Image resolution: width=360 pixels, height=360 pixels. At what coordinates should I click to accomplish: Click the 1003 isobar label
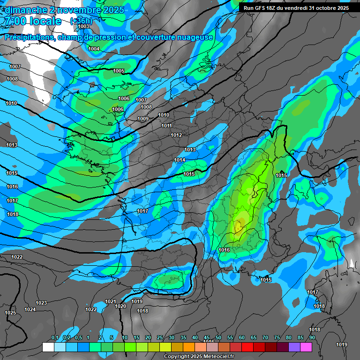click(x=83, y=27)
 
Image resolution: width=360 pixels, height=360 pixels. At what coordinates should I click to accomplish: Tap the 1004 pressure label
click(x=94, y=49)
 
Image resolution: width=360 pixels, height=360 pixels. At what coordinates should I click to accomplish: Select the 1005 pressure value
click(x=119, y=71)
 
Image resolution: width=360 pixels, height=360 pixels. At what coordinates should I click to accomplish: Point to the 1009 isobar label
click(x=143, y=119)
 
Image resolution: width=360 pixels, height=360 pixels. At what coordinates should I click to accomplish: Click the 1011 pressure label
click(x=167, y=126)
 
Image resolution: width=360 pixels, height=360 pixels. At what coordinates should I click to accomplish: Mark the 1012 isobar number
click(x=176, y=135)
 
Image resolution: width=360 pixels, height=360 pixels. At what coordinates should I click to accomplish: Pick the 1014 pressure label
click(x=180, y=160)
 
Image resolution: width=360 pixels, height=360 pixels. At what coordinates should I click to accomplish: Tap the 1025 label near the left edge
click(x=10, y=313)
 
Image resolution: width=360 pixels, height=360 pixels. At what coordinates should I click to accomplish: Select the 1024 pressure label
click(x=30, y=309)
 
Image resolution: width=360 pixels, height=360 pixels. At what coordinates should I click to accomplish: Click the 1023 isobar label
click(x=41, y=303)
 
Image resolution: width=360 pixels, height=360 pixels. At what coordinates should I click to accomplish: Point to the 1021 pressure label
click(x=111, y=301)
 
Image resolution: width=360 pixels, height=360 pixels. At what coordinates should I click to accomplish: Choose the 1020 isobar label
click(x=120, y=306)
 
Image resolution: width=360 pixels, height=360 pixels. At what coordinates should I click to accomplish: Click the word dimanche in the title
click(x=23, y=10)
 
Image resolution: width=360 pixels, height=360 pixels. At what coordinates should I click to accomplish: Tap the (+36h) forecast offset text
click(x=81, y=21)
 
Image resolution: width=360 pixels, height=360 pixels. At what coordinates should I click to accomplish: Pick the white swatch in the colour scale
click(x=48, y=347)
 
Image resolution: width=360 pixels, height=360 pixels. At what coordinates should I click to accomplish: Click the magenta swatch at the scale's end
click(x=306, y=347)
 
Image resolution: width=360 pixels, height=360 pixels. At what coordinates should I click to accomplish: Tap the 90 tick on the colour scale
click(x=312, y=337)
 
